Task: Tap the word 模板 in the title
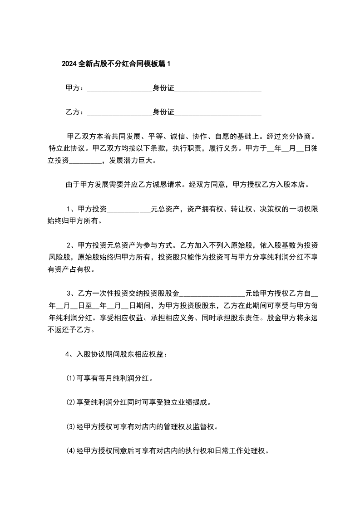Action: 145,64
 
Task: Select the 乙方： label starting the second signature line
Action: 75,112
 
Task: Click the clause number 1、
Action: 72,209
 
